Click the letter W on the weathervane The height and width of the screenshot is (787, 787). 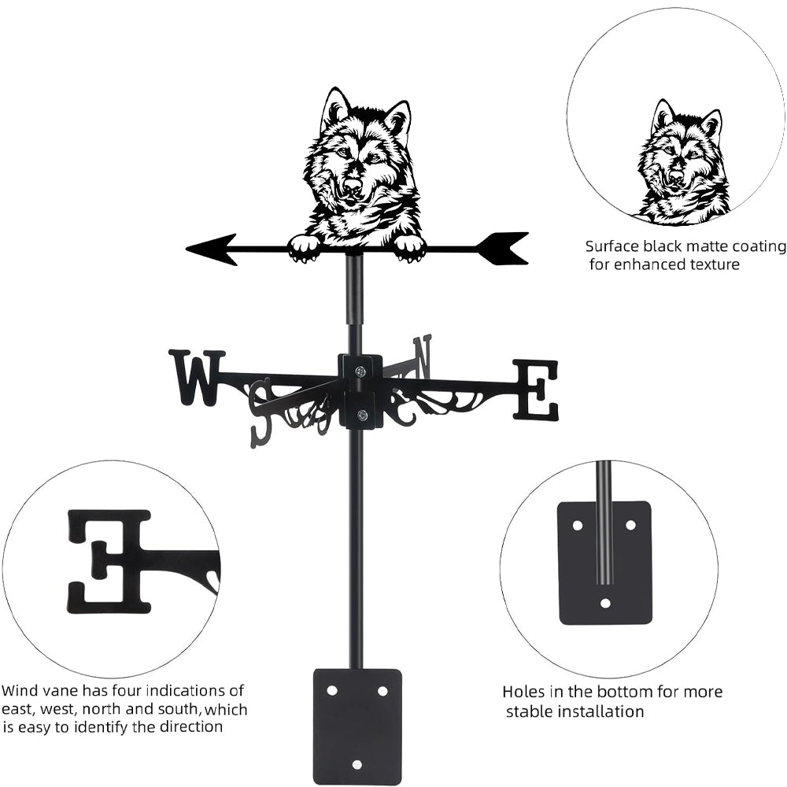[x=195, y=378]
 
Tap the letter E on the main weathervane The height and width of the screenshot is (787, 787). [x=536, y=390]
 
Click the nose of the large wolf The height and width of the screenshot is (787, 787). [x=353, y=186]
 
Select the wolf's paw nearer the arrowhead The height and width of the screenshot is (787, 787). [x=305, y=248]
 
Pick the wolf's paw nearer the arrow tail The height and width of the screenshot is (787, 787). [x=409, y=248]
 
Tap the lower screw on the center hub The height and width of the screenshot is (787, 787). [x=363, y=414]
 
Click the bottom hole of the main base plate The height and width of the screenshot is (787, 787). [x=357, y=764]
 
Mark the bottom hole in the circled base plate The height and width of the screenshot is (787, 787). [x=605, y=604]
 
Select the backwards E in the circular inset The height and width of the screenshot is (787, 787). [x=109, y=560]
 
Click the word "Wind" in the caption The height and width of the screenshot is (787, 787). [x=18, y=691]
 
